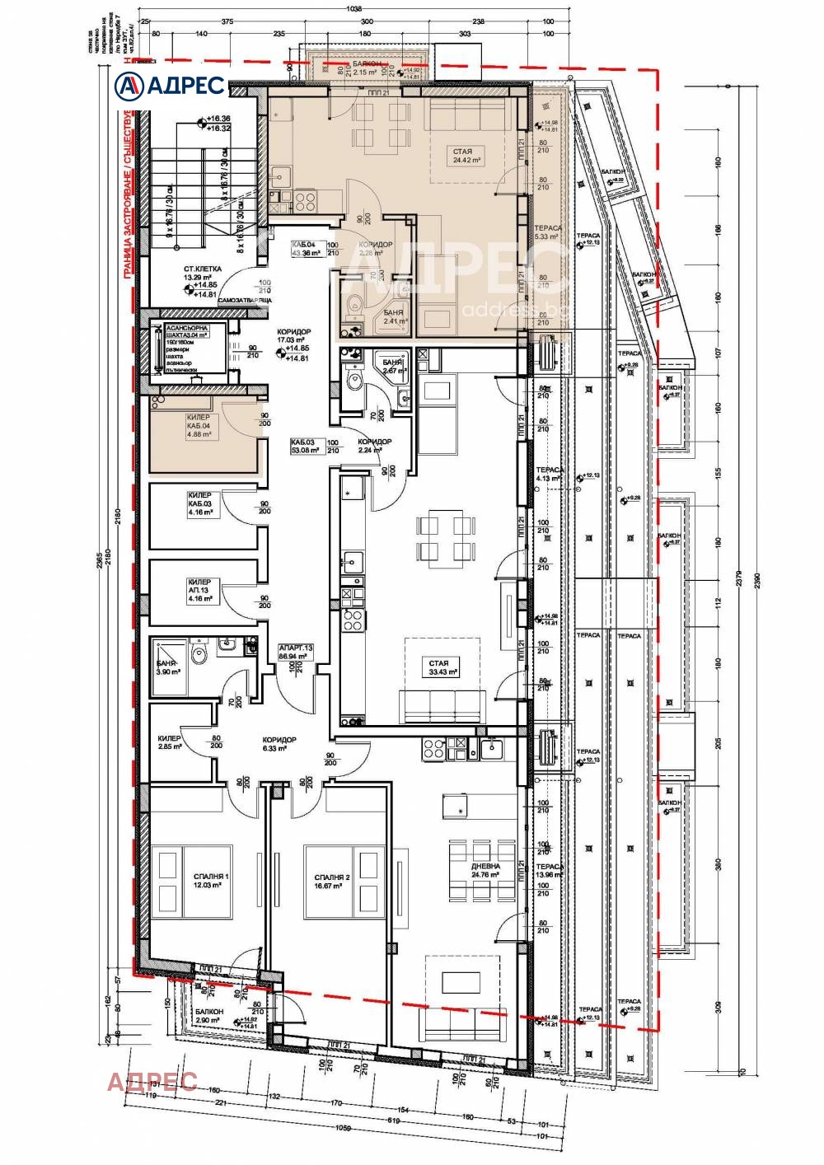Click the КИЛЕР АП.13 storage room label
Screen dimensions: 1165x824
point(200,590)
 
